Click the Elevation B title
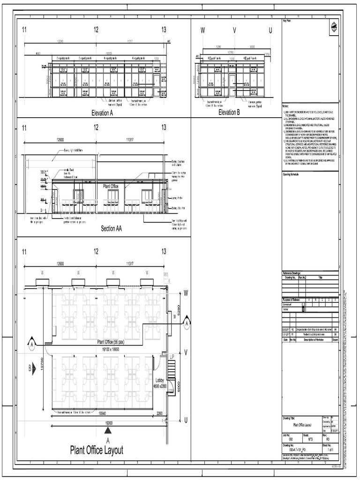coord(229,112)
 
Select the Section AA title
coord(114,229)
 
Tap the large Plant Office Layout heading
coord(97,450)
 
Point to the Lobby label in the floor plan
coord(159,380)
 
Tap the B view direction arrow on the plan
coord(32,369)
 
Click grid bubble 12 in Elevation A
coord(96,30)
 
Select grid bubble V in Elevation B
coord(235,30)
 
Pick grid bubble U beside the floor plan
coord(186,420)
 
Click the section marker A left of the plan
coord(32,345)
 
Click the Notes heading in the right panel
coord(286,107)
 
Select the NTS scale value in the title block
coord(310,440)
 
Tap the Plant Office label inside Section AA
coord(111,186)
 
